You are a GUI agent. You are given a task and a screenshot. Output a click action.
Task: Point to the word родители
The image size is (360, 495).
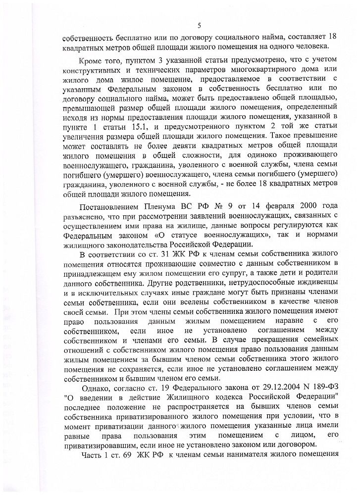pos(318,274)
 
